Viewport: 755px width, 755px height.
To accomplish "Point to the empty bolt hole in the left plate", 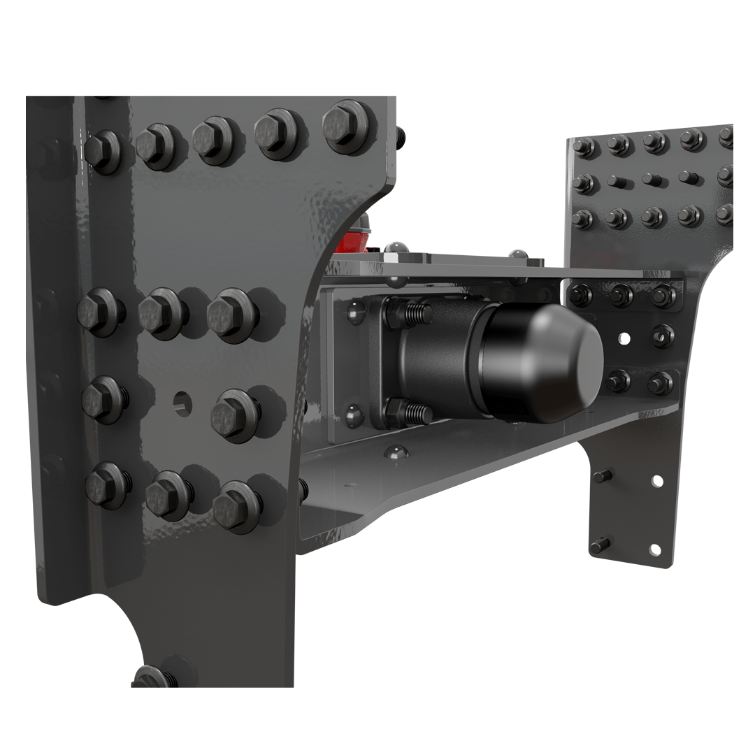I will (183, 403).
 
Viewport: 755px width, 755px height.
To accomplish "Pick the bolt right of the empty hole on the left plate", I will (235, 415).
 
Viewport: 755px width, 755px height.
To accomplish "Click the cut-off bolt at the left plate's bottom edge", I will (153, 677).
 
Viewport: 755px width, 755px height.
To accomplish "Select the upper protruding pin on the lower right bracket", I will (602, 477).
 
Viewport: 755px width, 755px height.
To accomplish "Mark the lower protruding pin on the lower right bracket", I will (600, 545).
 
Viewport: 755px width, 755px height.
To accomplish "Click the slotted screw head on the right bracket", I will (662, 337).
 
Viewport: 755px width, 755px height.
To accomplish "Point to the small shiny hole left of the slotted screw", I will (624, 339).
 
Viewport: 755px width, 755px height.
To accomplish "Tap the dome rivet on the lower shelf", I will (396, 452).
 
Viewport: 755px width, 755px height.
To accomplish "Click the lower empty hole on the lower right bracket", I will (654, 549).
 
